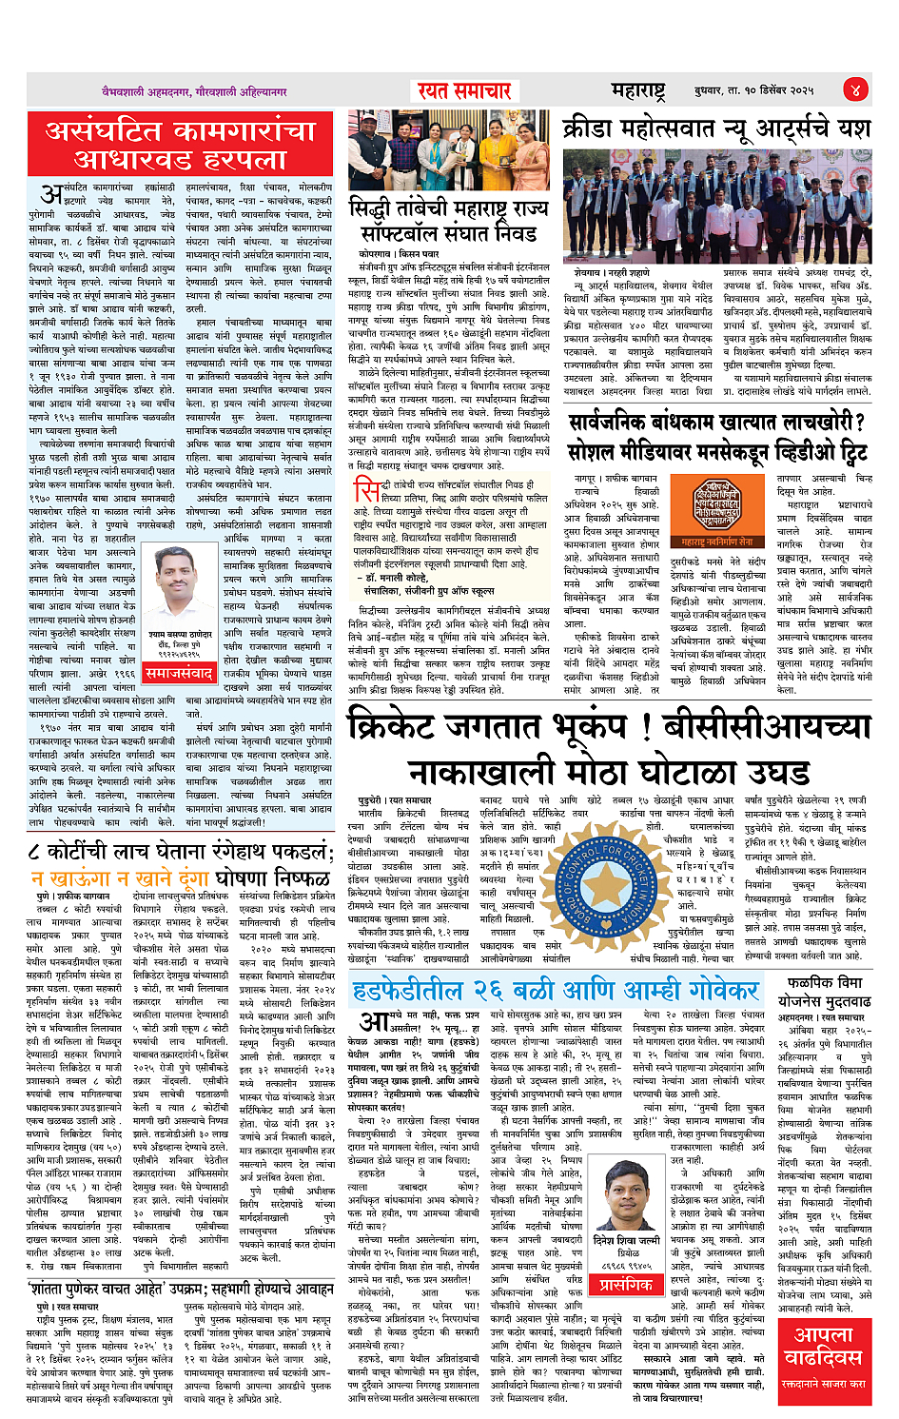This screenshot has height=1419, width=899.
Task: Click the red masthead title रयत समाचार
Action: pyautogui.click(x=465, y=90)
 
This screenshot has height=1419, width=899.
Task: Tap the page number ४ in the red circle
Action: pyautogui.click(x=854, y=89)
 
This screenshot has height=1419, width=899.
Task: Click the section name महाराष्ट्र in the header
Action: pyautogui.click(x=637, y=90)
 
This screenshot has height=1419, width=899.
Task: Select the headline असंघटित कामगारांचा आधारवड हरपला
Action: pyautogui.click(x=180, y=143)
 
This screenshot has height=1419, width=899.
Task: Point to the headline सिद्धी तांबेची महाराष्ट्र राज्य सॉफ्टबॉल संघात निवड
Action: pyautogui.click(x=448, y=220)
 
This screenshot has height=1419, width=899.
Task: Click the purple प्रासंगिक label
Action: pyautogui.click(x=625, y=1284)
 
